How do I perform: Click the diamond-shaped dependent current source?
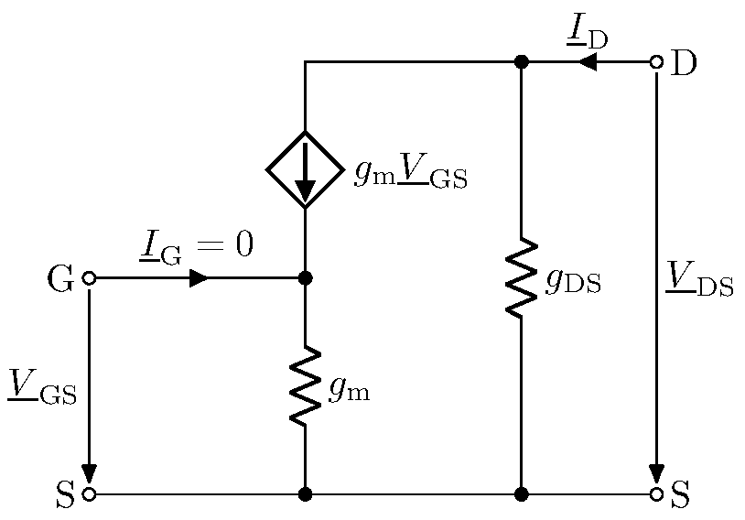coord(305,169)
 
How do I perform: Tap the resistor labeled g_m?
coord(305,385)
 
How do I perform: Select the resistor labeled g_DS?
coord(521,277)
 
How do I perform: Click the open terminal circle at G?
coord(89,278)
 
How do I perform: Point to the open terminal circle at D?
coord(656,62)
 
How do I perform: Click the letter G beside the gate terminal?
coord(59,279)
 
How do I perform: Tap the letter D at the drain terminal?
coord(684,63)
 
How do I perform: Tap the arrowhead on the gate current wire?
coord(198,278)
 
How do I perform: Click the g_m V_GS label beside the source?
coord(410,173)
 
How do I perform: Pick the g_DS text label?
coord(573,281)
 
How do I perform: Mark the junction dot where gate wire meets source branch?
coord(305,278)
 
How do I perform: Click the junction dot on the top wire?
coord(521,62)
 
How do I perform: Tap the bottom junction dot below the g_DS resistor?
coord(521,494)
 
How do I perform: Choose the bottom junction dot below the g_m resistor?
coord(305,494)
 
